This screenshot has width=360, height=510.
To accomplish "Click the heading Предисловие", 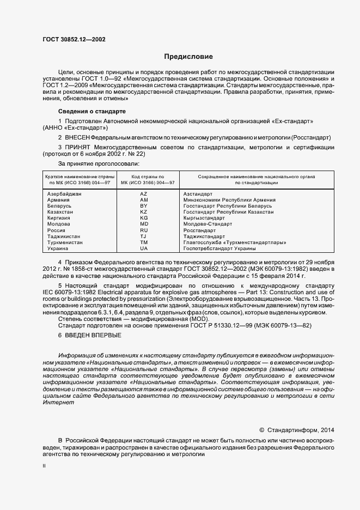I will click(x=189, y=57).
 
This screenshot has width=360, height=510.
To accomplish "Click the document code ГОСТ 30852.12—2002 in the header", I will click(x=74, y=40).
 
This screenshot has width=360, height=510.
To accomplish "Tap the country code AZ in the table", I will click(x=144, y=194).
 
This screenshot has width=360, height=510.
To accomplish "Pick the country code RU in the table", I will click(x=144, y=230).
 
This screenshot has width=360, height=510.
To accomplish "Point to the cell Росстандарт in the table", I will click(x=200, y=230).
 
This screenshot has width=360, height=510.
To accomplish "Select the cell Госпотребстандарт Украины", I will click(x=219, y=248).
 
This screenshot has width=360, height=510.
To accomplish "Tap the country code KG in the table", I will click(x=144, y=218).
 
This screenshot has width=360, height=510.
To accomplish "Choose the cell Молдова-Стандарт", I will click(x=208, y=224).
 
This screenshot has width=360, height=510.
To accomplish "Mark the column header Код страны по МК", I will click(x=144, y=180).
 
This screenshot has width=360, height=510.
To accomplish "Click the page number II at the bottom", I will click(x=45, y=466).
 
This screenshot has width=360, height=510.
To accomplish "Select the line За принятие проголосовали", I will click(x=99, y=163).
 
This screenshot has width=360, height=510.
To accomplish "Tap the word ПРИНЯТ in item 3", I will click(x=82, y=147).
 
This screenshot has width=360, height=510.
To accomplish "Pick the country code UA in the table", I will click(x=144, y=248).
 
